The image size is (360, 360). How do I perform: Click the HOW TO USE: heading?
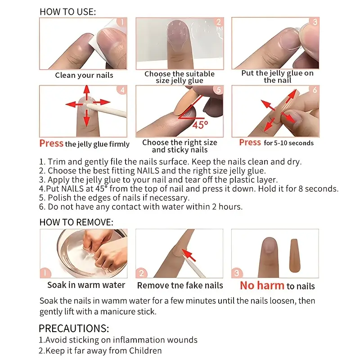[x=68, y=12]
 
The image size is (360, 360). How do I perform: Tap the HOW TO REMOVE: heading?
[x=76, y=222]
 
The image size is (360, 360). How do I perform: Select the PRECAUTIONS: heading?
[x=74, y=328]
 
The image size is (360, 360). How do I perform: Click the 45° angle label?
[x=200, y=125]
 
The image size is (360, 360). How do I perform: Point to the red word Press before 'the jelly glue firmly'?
[x=51, y=143]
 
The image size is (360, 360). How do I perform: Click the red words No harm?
[x=262, y=286]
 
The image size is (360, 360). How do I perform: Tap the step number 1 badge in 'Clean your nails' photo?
[x=122, y=22]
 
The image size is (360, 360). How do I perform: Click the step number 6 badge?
[x=315, y=90]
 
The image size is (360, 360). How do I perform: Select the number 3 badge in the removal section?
[x=237, y=273]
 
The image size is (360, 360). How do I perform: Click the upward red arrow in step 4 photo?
[x=86, y=93]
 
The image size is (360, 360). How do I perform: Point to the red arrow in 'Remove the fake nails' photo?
[x=189, y=255]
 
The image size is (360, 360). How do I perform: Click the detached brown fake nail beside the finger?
[x=295, y=255]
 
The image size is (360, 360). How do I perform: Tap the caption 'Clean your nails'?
[x=84, y=75]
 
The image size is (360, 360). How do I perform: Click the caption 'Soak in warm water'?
[x=86, y=285]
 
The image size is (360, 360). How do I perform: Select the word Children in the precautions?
[x=145, y=351]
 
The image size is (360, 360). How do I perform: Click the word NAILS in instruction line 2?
[x=148, y=171]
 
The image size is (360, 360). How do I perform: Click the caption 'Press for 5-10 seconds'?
[x=276, y=143]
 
